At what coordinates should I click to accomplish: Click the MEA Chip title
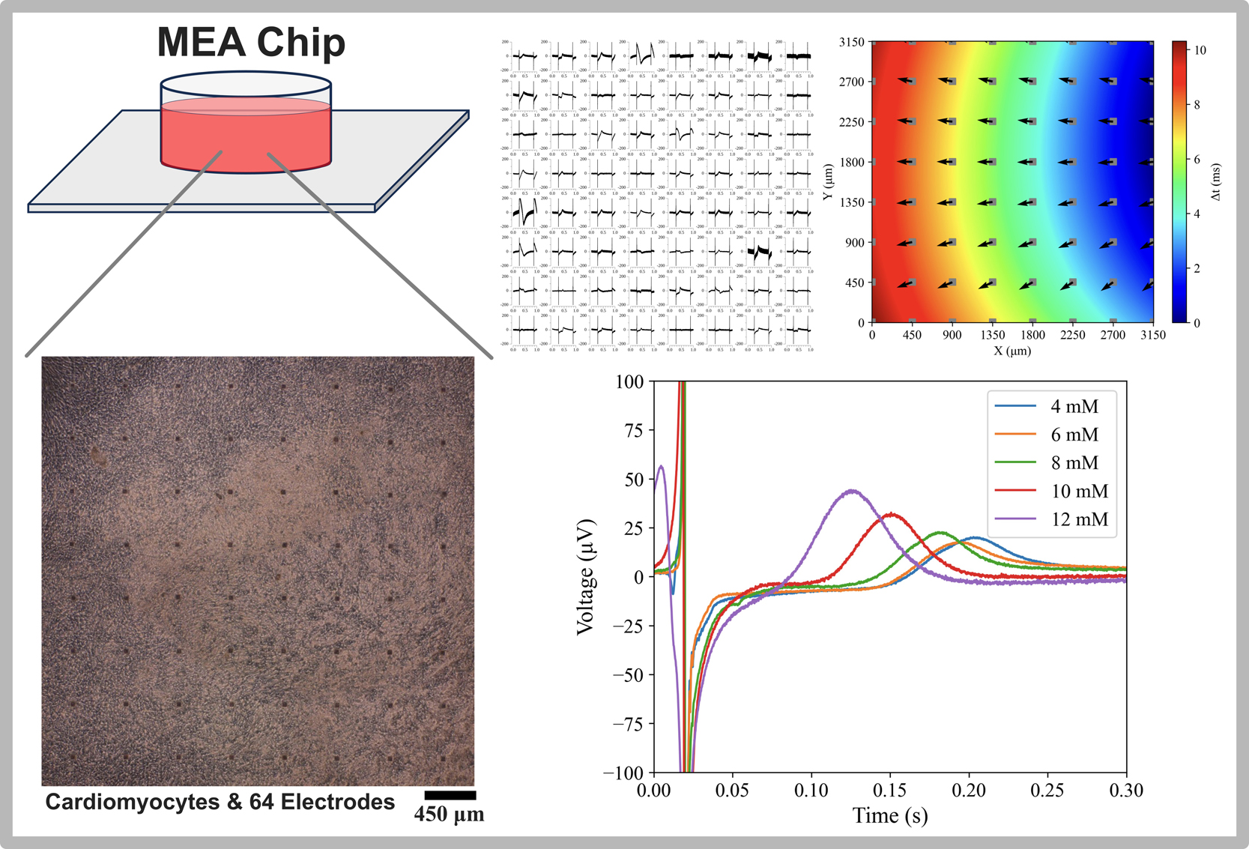(251, 43)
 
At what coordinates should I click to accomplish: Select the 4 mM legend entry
(1074, 406)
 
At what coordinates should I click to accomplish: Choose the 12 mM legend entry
(1079, 519)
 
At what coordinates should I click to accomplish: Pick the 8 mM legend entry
(1074, 463)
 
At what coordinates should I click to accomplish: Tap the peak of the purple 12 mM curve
(852, 491)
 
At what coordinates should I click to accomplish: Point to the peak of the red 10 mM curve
(891, 514)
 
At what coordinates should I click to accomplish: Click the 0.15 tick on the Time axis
(890, 790)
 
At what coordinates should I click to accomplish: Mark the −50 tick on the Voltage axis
(628, 675)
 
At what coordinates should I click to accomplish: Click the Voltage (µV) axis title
(585, 577)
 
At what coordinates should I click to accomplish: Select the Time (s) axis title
(890, 815)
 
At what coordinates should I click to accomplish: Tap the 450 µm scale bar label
(449, 815)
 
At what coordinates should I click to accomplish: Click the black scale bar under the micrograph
(450, 795)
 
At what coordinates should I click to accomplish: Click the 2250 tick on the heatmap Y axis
(852, 122)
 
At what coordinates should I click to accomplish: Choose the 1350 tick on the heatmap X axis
(992, 335)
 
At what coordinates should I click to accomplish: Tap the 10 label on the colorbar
(1200, 50)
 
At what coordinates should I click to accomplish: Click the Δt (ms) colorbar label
(1215, 182)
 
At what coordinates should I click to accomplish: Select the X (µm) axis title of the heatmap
(1012, 350)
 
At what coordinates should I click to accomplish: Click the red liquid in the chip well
(246, 139)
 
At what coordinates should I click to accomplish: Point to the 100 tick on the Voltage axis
(629, 381)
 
